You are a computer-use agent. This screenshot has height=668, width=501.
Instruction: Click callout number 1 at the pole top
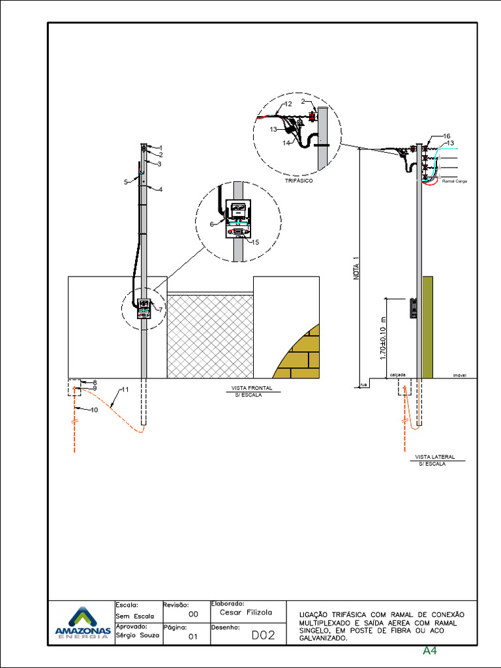point(160,148)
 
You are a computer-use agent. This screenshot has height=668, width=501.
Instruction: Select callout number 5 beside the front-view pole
point(126,182)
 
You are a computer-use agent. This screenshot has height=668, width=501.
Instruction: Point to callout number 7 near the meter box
point(160,310)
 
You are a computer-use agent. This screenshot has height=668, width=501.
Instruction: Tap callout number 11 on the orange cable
point(125,390)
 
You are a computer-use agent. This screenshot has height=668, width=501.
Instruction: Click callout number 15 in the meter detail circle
point(255,242)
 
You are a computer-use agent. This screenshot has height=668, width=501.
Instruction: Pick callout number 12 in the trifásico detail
point(288,104)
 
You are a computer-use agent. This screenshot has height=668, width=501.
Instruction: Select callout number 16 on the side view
point(447,136)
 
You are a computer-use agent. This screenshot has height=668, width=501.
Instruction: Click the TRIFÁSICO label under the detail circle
point(298,181)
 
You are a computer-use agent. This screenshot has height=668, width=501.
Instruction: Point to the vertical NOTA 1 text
point(357,267)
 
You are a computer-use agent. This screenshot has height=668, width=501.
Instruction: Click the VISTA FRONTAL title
point(252,388)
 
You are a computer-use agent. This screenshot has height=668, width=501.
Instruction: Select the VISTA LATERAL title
point(434,457)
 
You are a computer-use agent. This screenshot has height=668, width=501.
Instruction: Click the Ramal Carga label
point(455,181)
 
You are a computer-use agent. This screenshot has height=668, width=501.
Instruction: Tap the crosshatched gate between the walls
point(210,336)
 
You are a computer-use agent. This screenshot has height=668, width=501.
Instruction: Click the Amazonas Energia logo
point(82,624)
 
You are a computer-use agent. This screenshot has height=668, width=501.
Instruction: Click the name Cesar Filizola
point(245,613)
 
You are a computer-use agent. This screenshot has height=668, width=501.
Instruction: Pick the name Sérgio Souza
point(137,635)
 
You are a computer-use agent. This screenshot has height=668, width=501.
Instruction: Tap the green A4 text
point(429,650)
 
